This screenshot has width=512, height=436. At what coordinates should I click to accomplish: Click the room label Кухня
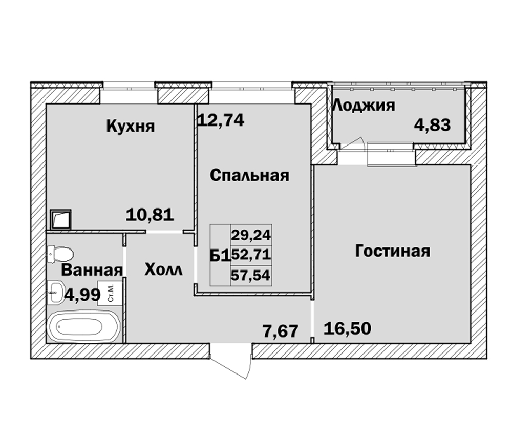[130, 126]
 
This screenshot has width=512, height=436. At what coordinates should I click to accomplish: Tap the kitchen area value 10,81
[150, 215]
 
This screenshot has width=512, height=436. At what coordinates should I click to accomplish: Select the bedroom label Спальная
[249, 176]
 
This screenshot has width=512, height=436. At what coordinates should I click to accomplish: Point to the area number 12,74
[221, 120]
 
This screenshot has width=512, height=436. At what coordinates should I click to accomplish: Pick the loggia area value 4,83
[432, 125]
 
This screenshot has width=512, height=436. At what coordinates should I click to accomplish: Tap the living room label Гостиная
[393, 251]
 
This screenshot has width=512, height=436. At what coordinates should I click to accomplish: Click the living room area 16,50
[347, 328]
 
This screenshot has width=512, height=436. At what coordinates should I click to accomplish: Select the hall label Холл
[163, 270]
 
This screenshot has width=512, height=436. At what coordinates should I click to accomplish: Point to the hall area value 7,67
[281, 331]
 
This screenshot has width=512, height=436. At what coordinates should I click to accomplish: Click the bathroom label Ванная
[92, 271]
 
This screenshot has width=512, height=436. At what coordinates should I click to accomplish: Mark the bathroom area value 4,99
[82, 296]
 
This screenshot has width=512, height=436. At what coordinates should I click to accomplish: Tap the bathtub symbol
[84, 326]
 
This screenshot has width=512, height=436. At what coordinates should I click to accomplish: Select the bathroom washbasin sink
[56, 292]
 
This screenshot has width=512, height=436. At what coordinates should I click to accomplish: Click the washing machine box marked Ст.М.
[110, 294]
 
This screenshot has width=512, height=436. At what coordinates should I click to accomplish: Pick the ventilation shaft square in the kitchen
[61, 219]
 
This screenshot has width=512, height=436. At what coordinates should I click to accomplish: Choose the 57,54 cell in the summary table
[250, 275]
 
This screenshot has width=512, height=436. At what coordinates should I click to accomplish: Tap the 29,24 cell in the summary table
[251, 235]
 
